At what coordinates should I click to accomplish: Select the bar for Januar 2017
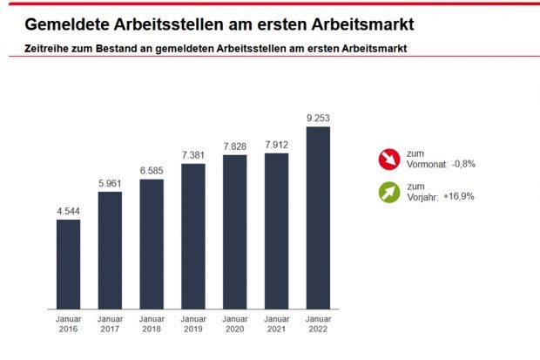tap(110, 250)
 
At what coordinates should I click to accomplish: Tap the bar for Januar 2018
tap(152, 244)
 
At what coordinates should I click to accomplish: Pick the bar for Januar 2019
tap(193, 236)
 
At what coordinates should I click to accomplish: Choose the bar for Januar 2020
tap(235, 232)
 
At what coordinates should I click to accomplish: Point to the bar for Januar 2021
tap(277, 231)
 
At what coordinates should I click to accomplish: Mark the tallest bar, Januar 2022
tap(318, 218)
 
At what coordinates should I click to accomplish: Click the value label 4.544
tap(68, 210)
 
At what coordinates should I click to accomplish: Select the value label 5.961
tap(110, 182)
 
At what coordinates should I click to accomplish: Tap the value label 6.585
tap(152, 170)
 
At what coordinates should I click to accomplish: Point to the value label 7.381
tap(193, 154)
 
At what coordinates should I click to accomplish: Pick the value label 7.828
tap(235, 146)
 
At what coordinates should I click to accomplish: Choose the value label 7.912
tap(277, 144)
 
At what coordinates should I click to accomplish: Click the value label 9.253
tap(318, 118)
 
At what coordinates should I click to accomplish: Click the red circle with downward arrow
tap(388, 159)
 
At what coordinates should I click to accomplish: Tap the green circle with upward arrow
tap(388, 191)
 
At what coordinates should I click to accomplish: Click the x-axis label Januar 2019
tap(193, 325)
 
